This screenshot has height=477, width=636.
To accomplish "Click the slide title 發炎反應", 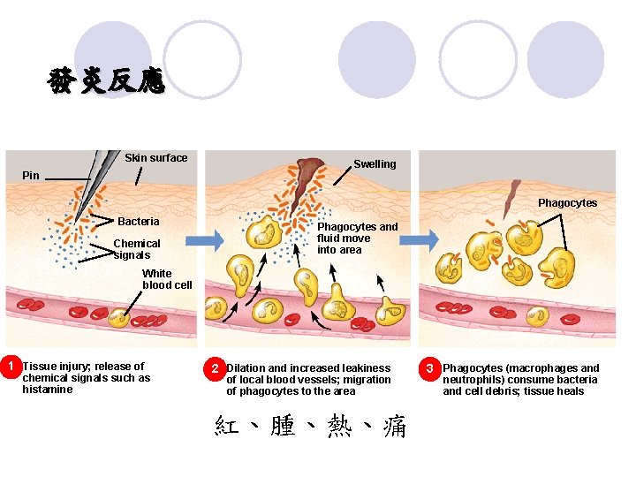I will (x=106, y=81).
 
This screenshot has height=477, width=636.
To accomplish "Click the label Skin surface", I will (x=155, y=158).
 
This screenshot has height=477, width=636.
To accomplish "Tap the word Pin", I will (x=31, y=176).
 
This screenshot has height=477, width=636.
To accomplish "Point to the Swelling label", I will (x=375, y=164).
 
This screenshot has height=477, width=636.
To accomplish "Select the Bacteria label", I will (x=139, y=222).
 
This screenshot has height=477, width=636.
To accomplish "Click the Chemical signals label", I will (x=138, y=249).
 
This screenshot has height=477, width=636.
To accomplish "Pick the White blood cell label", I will (x=167, y=279).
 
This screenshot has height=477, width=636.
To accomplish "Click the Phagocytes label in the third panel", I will (x=567, y=203).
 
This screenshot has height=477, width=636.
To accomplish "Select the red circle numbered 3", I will (x=429, y=367).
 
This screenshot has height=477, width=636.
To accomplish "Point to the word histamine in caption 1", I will (x=47, y=390).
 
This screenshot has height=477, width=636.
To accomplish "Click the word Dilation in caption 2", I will (x=246, y=368).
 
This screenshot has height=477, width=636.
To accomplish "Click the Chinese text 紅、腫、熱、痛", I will (x=310, y=428).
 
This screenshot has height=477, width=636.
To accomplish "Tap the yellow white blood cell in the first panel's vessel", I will (x=117, y=318).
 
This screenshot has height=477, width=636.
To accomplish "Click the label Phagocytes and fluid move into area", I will (x=357, y=238).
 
